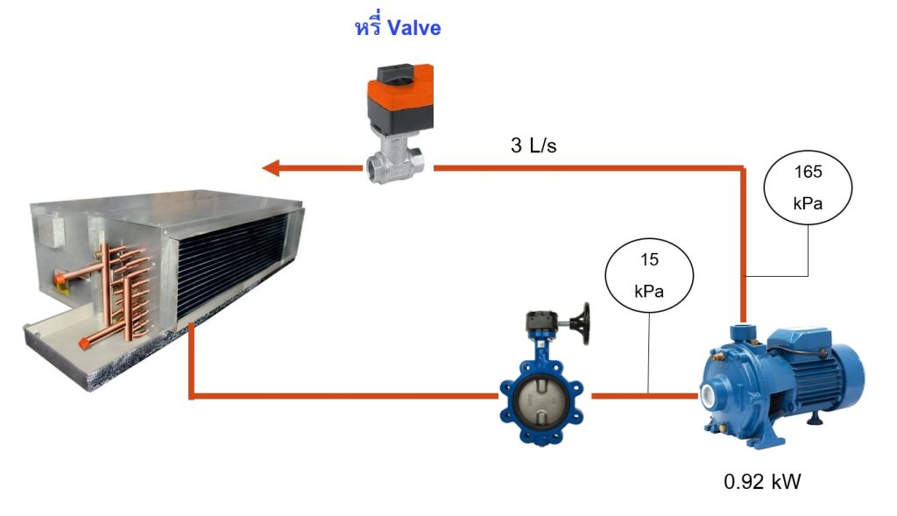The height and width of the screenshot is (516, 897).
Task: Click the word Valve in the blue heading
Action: click(x=413, y=28)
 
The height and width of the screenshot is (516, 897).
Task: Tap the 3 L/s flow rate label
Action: click(x=533, y=145)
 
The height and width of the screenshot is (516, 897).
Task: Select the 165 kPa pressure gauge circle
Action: click(x=808, y=187)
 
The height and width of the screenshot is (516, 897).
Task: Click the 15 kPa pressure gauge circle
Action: click(x=649, y=276)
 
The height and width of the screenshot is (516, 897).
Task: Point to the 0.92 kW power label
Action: click(x=763, y=482)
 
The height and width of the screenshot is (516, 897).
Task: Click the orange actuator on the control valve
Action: click(x=399, y=96)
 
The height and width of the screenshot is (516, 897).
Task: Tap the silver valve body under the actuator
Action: click(x=395, y=162)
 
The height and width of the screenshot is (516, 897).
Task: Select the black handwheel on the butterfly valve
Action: click(x=584, y=324)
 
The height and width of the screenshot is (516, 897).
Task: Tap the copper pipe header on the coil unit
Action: click(x=126, y=292)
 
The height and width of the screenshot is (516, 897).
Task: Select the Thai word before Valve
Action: click(x=368, y=27)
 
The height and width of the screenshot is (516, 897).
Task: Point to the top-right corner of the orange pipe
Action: click(x=744, y=167)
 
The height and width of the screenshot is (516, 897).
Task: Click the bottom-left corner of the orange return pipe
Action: click(x=192, y=396)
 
